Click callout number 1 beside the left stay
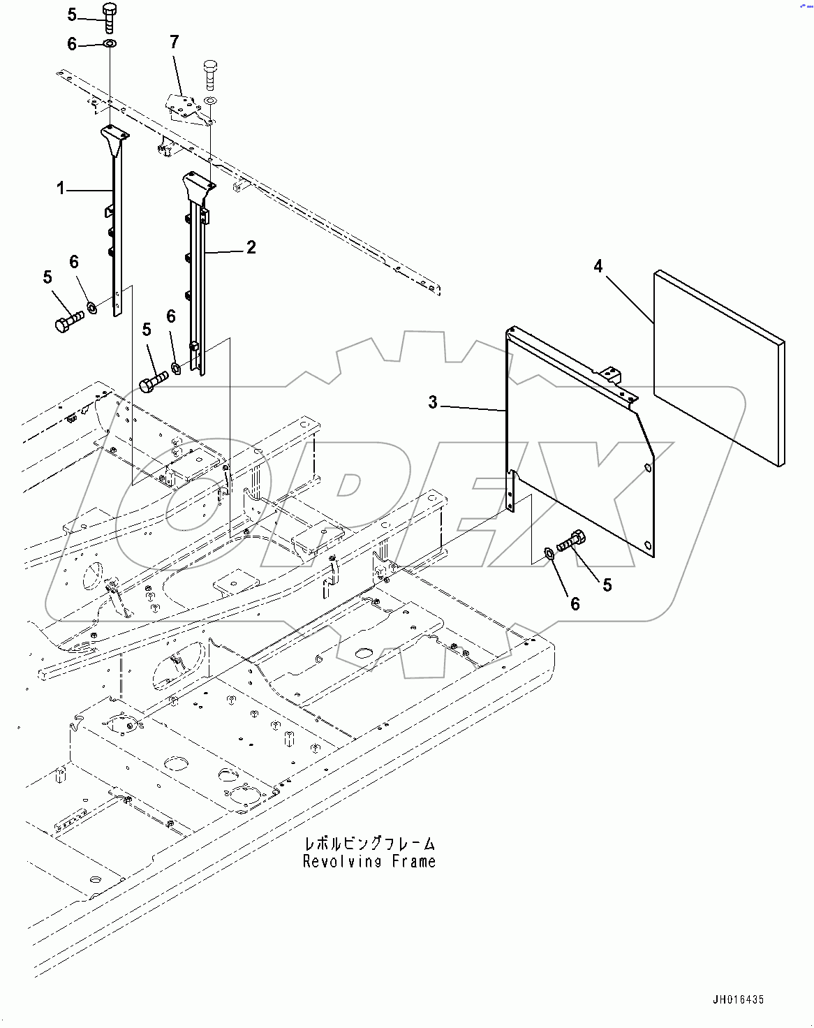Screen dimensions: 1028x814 [61, 188]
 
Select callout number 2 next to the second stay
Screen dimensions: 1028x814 [251, 247]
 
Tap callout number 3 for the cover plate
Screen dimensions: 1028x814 [433, 402]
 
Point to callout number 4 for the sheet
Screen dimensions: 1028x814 [598, 266]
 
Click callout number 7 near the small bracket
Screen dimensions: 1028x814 [175, 42]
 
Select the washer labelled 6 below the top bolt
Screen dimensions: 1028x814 [110, 44]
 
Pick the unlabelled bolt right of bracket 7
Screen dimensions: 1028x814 [210, 74]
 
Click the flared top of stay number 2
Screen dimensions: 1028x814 [198, 185]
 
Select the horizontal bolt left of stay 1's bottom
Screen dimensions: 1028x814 [68, 322]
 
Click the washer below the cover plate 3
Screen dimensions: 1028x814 [549, 554]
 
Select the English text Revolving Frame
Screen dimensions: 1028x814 [369, 862]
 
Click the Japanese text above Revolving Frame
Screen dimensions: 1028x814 [369, 844]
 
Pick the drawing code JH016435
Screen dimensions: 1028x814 [738, 1000]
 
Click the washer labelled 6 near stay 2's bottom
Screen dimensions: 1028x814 [176, 367]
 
